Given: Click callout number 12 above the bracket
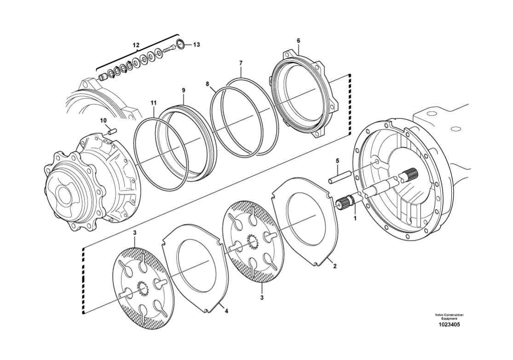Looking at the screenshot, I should point(136,45).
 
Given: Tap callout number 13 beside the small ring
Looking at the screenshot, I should point(196,45).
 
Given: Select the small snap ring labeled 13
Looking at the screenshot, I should point(181,45).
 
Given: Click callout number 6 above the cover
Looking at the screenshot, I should point(298,41).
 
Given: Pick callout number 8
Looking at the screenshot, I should point(208,84).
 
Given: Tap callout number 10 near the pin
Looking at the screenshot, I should point(104,121).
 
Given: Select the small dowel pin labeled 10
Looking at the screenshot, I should point(111,132).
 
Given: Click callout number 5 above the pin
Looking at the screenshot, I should point(337,161).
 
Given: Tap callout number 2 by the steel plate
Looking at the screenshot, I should point(334,266).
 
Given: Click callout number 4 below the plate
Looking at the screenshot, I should point(226,311).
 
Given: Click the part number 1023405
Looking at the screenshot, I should point(449,324).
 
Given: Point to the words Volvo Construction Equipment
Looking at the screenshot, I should point(449,317).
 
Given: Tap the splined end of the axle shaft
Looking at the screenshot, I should point(411,175).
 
